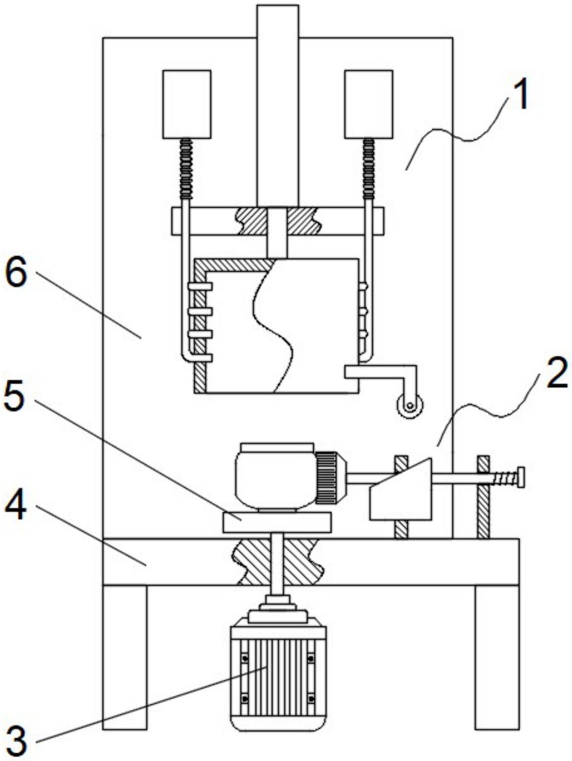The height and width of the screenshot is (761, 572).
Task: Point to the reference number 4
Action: tap(16, 505)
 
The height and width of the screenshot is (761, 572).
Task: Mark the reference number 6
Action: tap(16, 273)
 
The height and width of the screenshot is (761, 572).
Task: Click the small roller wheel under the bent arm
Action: tap(409, 406)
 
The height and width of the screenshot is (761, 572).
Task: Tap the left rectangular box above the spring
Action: tap(187, 104)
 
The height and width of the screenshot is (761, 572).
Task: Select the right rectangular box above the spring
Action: tap(369, 104)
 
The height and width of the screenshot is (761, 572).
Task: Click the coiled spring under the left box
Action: tap(186, 169)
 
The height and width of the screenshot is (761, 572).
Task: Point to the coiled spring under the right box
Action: tap(369, 169)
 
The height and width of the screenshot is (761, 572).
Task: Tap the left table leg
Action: tap(125, 657)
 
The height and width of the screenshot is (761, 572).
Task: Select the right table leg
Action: tap(497, 657)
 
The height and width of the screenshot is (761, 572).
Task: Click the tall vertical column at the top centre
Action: tap(278, 106)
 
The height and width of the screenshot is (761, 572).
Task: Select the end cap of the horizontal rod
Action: tap(521, 477)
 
